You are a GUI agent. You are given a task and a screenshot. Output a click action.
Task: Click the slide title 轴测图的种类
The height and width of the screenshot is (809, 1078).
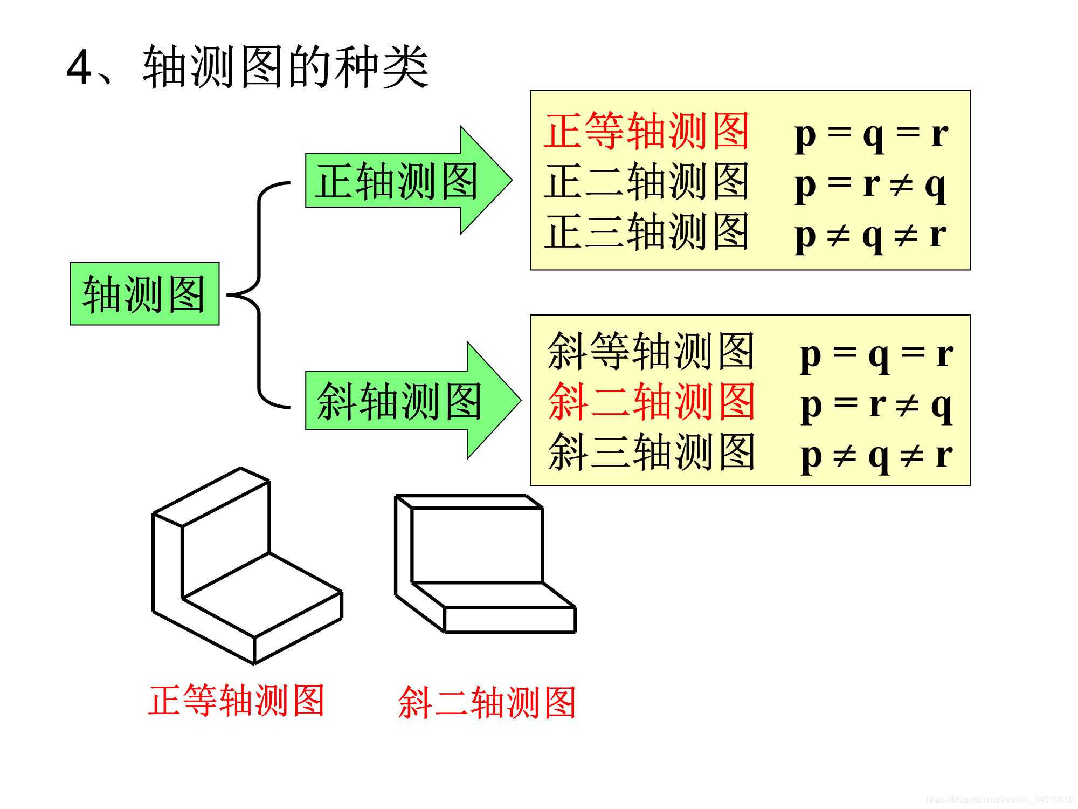(286, 67)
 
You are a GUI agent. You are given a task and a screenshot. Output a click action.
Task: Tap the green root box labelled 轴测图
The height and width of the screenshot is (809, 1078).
(144, 294)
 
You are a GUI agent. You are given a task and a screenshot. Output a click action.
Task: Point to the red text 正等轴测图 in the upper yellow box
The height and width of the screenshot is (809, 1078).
(647, 131)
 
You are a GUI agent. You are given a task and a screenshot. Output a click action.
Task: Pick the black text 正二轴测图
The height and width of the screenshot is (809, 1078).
(647, 182)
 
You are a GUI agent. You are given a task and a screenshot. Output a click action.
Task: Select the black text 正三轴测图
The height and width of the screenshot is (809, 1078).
(647, 232)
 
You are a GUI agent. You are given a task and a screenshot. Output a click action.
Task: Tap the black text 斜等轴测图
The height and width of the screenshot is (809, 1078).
(651, 352)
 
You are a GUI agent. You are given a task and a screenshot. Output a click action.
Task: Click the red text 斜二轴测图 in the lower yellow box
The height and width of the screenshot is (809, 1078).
(651, 402)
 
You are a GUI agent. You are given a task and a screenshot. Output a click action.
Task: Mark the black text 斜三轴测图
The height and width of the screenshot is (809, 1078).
(651, 452)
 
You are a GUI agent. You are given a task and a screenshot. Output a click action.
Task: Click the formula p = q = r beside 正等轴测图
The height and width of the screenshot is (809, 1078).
(871, 133)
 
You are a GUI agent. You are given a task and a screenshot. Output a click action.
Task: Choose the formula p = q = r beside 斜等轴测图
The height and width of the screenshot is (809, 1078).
(876, 355)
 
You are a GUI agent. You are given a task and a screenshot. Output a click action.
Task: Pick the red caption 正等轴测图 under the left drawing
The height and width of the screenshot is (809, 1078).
(236, 700)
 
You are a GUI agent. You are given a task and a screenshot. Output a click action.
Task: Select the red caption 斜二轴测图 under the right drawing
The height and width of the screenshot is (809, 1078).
(487, 702)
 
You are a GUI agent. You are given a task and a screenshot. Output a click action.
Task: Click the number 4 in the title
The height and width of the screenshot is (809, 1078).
(79, 68)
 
